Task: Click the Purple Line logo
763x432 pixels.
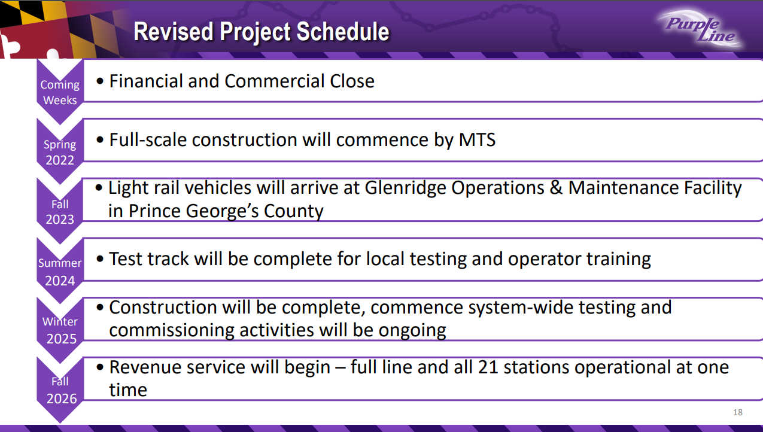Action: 700,29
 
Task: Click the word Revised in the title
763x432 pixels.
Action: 174,31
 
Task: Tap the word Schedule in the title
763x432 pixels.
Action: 343,31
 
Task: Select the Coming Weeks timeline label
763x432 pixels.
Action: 60,92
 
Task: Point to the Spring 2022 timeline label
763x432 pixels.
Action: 60,153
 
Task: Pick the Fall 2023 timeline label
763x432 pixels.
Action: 60,212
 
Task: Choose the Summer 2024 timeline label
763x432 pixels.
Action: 60,272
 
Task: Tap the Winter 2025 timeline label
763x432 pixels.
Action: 60,330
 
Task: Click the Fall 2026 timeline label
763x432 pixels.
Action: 61,390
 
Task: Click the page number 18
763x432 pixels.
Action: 738,412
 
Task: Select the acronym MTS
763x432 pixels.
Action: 477,139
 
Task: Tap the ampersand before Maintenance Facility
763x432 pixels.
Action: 556,188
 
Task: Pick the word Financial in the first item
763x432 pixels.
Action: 146,81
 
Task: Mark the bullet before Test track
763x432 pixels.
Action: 100,259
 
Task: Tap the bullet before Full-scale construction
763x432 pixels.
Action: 100,140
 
